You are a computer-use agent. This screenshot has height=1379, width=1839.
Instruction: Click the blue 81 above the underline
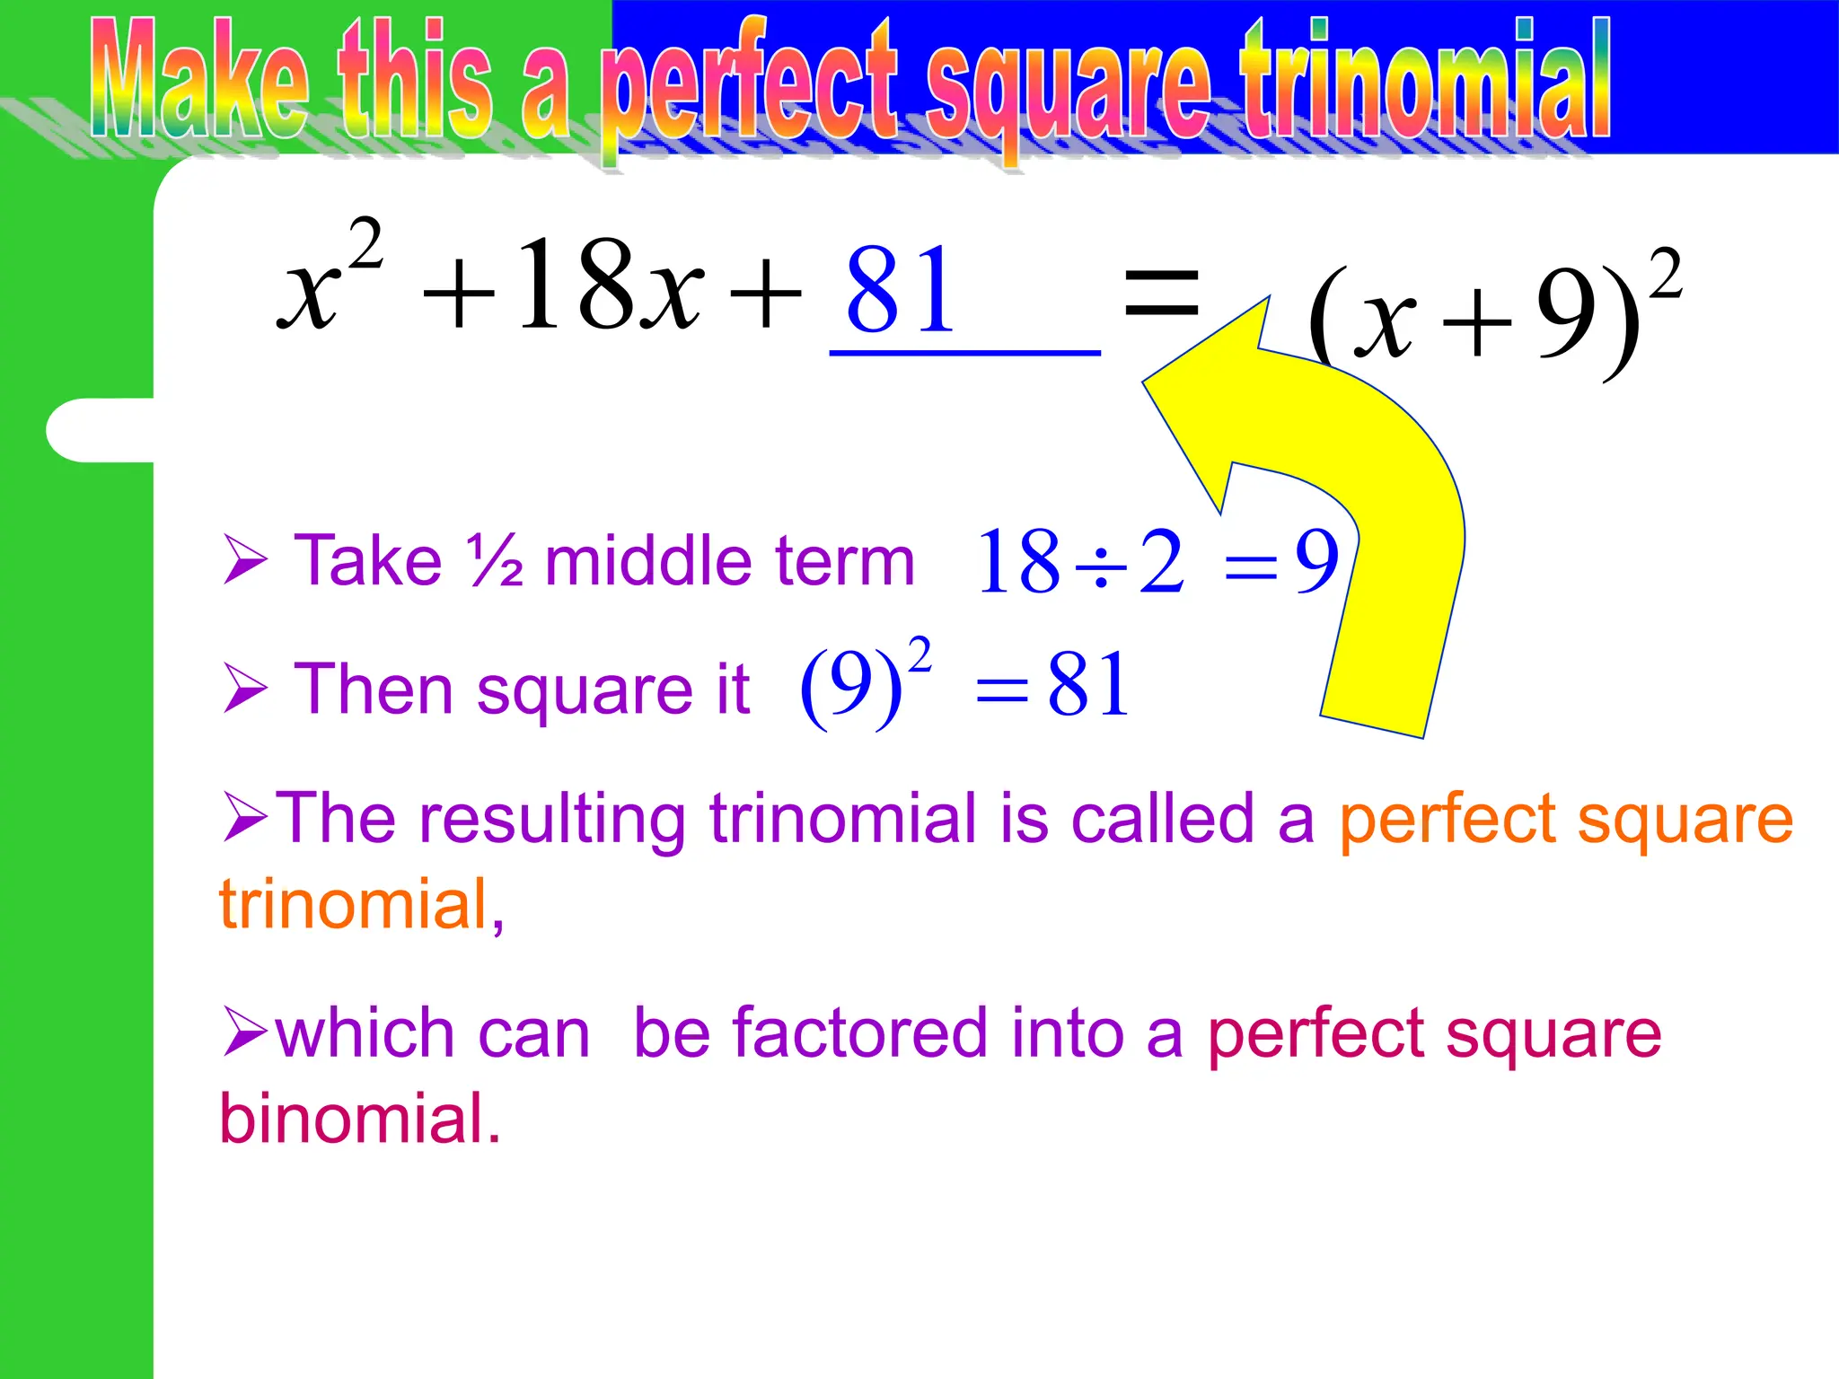tap(900, 290)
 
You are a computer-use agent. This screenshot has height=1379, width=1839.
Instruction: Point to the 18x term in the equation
tap(609, 285)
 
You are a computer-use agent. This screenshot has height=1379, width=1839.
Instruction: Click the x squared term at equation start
tap(329, 275)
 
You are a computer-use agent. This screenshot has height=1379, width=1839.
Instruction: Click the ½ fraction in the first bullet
tap(494, 561)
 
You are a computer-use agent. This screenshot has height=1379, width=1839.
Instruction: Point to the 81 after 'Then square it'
tap(1088, 685)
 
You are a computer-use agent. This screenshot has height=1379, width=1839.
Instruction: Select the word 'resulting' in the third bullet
tap(552, 819)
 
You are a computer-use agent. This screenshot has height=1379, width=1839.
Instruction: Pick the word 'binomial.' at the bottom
tap(360, 1119)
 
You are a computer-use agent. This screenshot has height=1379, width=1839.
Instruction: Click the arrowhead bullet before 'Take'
tap(244, 560)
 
